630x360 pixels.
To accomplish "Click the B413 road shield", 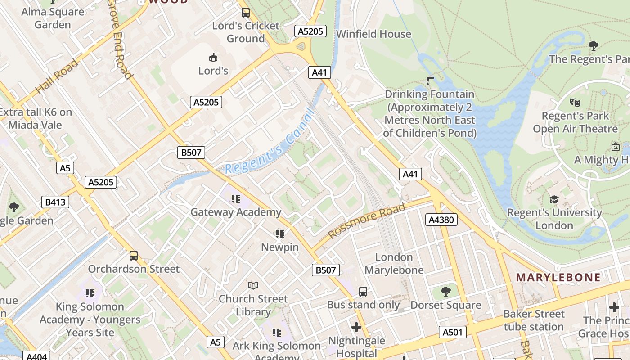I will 55,202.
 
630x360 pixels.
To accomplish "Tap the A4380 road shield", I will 441,220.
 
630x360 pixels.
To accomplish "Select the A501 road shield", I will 452,332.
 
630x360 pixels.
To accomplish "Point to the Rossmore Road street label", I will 366,220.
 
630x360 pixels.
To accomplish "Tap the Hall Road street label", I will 57,76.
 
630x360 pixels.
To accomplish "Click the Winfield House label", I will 373,34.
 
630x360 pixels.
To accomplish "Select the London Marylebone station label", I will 394,263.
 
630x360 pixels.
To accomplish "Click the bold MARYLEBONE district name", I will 558,277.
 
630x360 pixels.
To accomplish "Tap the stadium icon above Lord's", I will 213,57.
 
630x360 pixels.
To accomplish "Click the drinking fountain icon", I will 430,81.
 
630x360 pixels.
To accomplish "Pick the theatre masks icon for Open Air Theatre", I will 575,103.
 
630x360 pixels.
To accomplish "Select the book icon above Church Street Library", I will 253,285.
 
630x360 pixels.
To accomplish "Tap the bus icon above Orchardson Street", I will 134,256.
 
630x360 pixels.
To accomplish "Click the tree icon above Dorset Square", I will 446,292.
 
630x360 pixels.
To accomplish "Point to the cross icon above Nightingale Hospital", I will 356,327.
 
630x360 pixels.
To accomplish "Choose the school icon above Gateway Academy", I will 236,198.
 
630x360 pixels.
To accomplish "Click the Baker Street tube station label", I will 534,320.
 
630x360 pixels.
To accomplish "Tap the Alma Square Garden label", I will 53,18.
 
